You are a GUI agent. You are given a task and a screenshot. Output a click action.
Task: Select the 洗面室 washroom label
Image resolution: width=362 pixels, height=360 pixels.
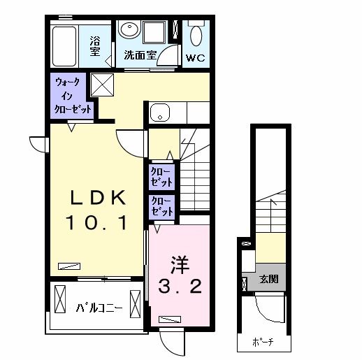[139, 56]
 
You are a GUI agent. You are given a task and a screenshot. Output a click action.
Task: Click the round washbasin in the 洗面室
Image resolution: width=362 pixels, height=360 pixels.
[129, 30]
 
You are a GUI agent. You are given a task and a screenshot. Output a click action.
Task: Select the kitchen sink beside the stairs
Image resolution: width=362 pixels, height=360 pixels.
[159, 112]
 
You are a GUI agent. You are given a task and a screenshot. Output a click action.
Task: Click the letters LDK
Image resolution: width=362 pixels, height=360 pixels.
[96, 199]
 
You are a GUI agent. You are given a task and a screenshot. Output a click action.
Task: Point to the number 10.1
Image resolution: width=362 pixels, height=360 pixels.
[96, 223]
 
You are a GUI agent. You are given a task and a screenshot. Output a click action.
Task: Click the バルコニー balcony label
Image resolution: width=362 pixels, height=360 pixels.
[100, 307]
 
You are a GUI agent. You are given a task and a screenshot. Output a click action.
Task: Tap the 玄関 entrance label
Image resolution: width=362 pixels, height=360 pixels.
[268, 278]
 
